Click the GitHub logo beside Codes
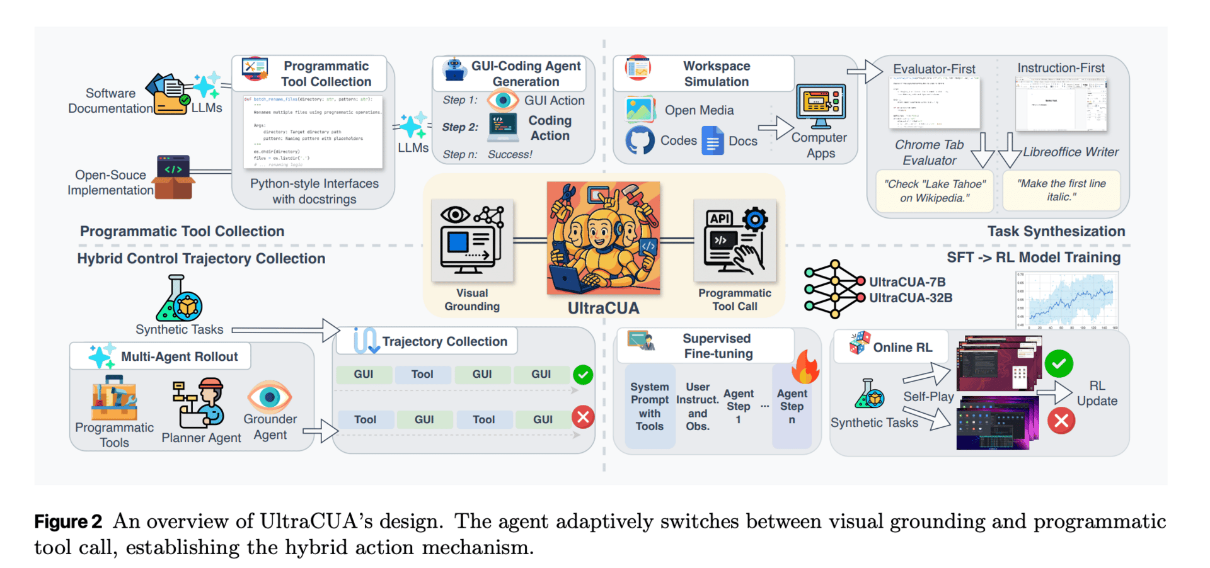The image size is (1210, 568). [640, 140]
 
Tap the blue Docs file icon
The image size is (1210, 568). [712, 141]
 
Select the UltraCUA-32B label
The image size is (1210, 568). [911, 298]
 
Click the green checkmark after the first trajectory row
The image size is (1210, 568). [583, 375]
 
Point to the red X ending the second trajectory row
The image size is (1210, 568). [583, 417]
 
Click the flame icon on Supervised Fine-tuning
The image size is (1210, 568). [805, 367]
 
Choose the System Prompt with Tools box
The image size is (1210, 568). [650, 406]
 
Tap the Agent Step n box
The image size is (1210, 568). [792, 406]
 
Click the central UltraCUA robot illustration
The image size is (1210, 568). [603, 238]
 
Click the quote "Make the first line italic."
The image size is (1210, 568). [1061, 190]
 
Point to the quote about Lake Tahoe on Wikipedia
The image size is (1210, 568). [935, 191]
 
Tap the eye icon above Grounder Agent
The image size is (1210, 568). [270, 397]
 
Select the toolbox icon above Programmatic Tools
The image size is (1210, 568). [114, 399]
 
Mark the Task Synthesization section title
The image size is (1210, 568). [1056, 231]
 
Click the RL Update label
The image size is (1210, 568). [1097, 393]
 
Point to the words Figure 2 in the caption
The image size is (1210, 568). [68, 521]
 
